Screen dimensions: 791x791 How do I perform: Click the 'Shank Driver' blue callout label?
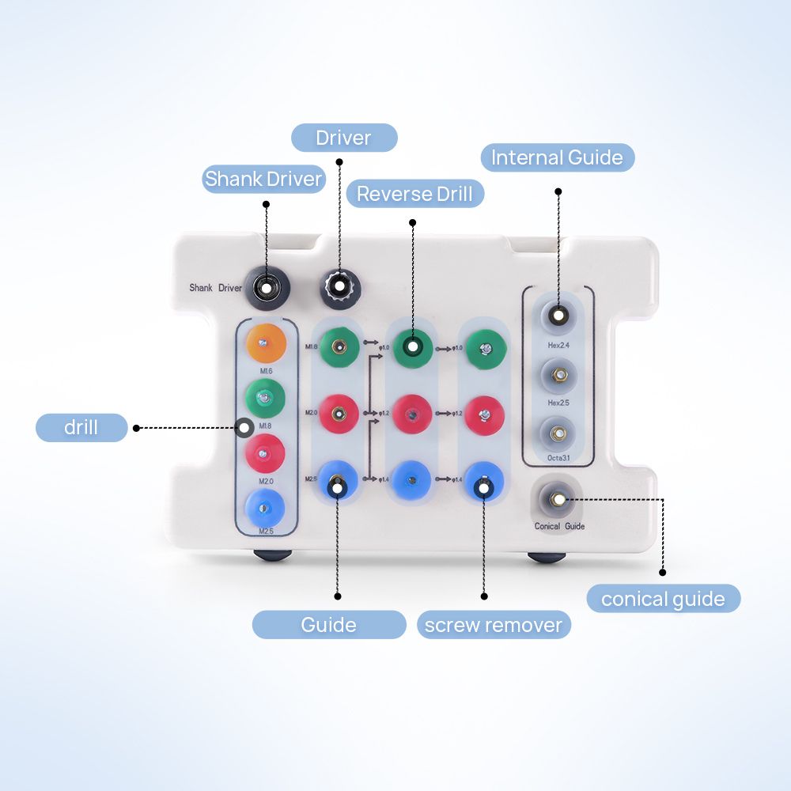coord(263,179)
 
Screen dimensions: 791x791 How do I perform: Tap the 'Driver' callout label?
coord(343,138)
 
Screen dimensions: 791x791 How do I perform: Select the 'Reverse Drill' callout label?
coord(414,194)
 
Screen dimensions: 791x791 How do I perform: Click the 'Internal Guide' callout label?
coord(557,157)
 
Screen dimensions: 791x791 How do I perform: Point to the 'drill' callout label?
coord(81,428)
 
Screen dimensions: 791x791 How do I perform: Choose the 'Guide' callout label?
coord(328,625)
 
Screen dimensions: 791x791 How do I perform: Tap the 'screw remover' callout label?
coord(493,625)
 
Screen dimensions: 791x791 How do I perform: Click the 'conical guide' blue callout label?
coord(663,599)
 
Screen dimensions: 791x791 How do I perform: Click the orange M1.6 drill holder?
coord(266,342)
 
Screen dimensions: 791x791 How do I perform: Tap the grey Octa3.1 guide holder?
coord(558,433)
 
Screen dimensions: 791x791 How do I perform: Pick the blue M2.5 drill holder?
coord(266,505)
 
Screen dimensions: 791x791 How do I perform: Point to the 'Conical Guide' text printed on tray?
coord(559,526)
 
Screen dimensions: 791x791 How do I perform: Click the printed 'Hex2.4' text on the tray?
coord(559,345)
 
